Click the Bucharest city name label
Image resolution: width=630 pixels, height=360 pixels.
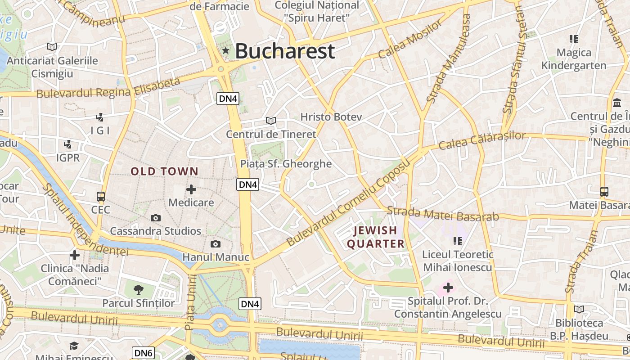click(x=285, y=51)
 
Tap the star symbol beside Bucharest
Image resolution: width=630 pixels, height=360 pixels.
click(x=225, y=51)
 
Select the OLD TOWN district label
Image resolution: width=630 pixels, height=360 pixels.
click(x=164, y=171)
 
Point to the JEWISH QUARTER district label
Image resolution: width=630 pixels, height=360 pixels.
click(x=375, y=237)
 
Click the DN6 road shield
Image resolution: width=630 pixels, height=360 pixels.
click(x=143, y=353)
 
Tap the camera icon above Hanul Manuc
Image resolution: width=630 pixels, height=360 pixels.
click(x=216, y=244)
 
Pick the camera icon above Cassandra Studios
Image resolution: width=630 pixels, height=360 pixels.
click(x=156, y=218)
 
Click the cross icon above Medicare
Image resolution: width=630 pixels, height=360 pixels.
click(x=191, y=189)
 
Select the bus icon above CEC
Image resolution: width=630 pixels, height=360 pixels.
click(x=101, y=197)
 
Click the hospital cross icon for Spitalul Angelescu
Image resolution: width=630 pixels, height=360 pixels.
click(x=448, y=287)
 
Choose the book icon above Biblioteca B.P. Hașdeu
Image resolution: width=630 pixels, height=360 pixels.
click(x=579, y=310)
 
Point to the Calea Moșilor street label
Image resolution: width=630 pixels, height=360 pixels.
click(x=410, y=40)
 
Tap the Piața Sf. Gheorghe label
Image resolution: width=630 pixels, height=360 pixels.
click(x=286, y=164)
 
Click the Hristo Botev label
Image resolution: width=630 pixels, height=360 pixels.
click(x=331, y=117)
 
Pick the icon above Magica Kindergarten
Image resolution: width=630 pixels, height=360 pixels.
click(x=573, y=39)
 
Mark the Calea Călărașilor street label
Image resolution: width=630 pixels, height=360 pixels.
click(x=481, y=141)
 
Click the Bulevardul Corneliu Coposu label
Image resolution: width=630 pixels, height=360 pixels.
click(x=349, y=202)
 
